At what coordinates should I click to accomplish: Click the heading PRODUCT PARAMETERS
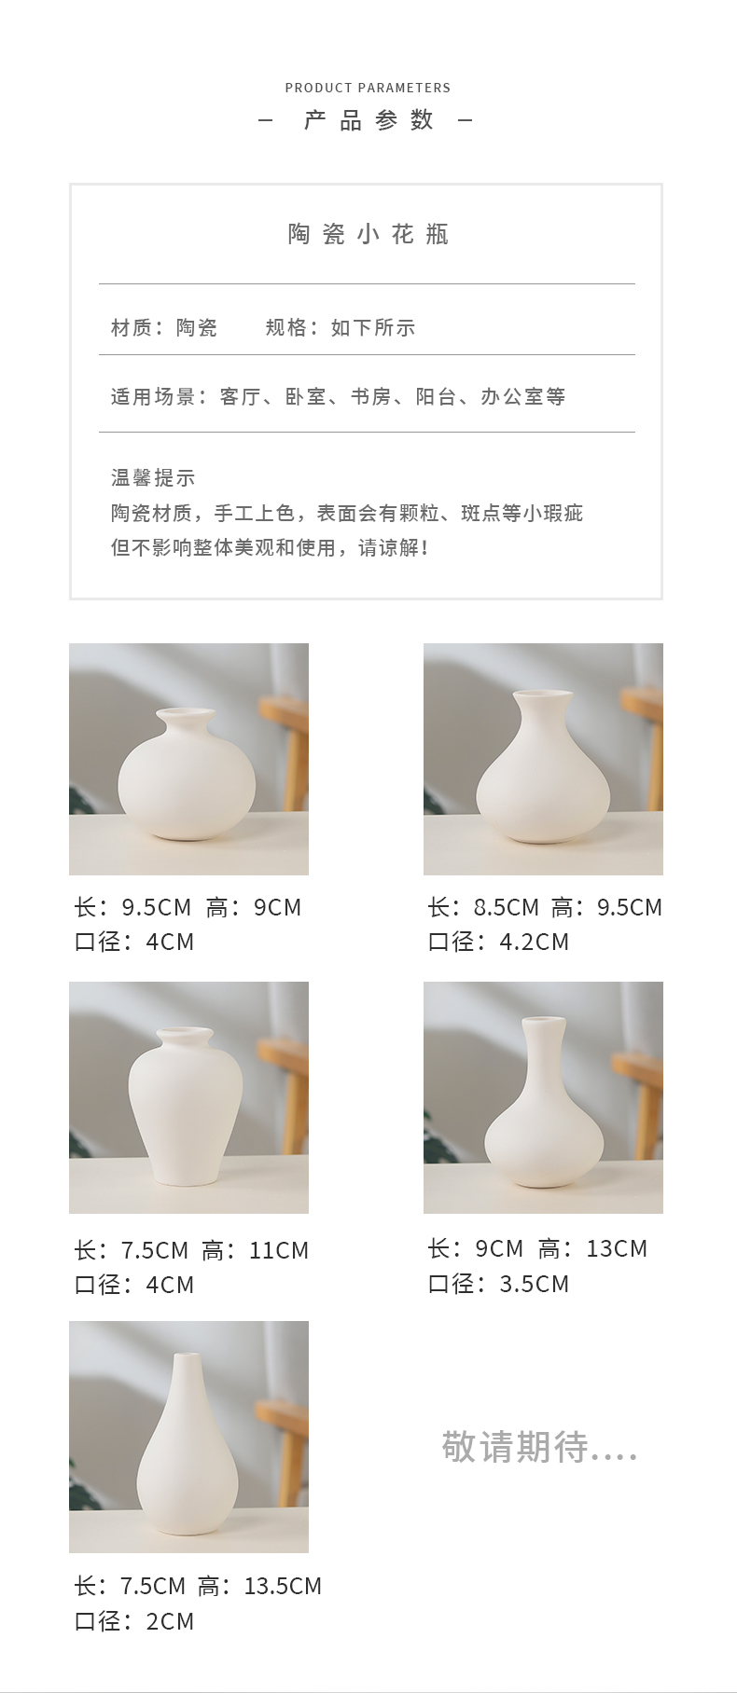point(368,88)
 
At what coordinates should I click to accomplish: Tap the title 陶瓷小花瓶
point(368,234)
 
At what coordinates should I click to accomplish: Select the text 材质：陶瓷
point(164,327)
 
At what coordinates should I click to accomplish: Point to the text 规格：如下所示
point(341,327)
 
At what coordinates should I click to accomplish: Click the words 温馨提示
point(153,478)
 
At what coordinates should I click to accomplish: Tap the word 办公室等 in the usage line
point(523,396)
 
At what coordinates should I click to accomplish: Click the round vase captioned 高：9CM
point(187,774)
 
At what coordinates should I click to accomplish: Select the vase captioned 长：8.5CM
point(543,766)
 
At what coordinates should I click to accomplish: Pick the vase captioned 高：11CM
point(186,1107)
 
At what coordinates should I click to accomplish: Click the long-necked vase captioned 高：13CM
point(544,1102)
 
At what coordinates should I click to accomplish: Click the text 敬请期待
point(515,1447)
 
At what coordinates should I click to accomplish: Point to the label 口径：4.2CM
point(498,942)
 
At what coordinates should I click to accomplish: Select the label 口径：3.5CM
point(498,1284)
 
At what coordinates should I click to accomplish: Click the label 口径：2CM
point(134,1621)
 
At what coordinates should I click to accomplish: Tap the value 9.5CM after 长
point(156,907)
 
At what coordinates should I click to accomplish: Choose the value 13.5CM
point(283,1586)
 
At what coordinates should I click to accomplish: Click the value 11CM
point(279,1250)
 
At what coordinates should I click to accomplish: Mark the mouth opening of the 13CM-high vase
point(544,1019)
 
